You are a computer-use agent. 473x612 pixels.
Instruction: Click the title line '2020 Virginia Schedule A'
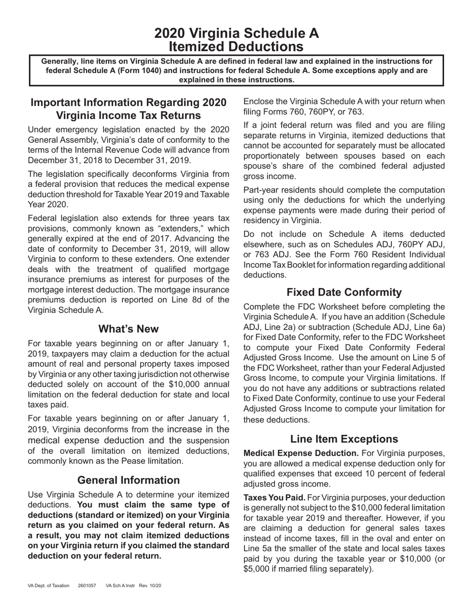point(236,33)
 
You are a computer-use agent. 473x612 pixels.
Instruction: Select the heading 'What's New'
point(128,329)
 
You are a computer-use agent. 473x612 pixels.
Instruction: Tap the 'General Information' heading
point(128,480)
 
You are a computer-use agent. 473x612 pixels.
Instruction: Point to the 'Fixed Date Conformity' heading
point(344,292)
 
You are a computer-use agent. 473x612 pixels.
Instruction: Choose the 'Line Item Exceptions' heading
point(344,439)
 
